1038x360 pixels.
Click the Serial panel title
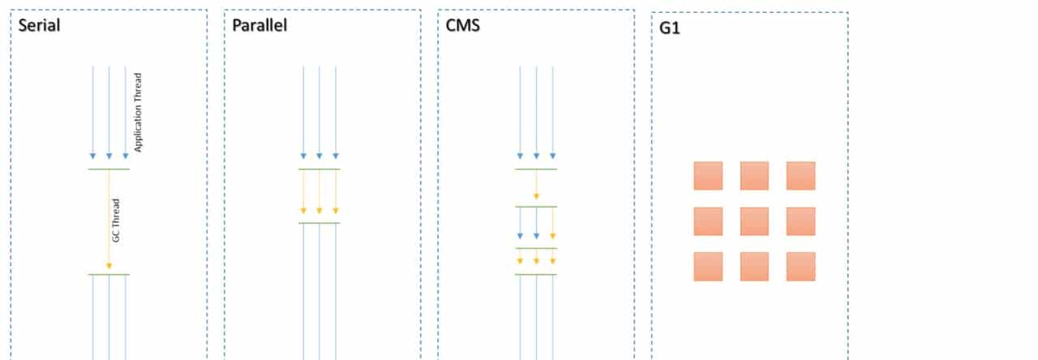click(x=40, y=25)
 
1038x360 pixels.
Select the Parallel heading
click(x=259, y=25)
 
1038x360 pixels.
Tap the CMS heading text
click(x=463, y=25)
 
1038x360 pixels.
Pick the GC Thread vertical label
click(x=116, y=221)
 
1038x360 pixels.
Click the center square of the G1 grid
click(x=754, y=221)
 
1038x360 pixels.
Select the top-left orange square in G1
click(x=708, y=175)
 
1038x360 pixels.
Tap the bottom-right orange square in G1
click(x=800, y=266)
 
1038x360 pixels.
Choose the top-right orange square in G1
click(x=800, y=175)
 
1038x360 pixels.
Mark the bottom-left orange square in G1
click(x=708, y=266)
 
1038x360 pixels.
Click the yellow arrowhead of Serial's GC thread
click(x=109, y=267)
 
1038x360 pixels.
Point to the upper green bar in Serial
click(x=109, y=169)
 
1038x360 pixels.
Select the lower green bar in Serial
click(x=109, y=275)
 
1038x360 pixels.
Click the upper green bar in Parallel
click(x=320, y=169)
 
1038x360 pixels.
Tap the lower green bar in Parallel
click(x=320, y=222)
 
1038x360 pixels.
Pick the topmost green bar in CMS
click(x=536, y=169)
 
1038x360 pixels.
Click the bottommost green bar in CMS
click(x=536, y=275)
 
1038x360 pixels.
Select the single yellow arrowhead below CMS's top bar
click(x=536, y=195)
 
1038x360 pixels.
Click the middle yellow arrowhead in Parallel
click(x=320, y=211)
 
